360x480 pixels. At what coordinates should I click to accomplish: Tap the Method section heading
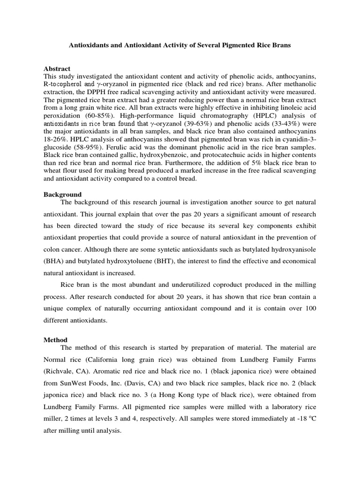tap(55, 340)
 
